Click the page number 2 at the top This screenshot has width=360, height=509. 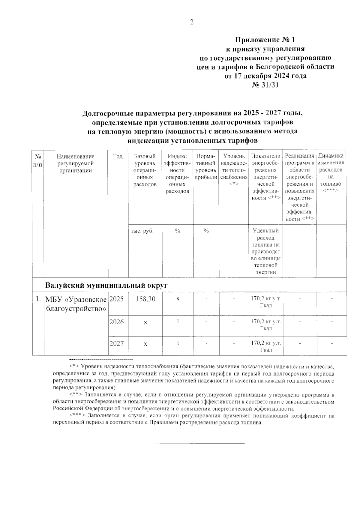pos(192,22)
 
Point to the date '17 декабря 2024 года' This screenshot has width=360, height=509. pos(266,76)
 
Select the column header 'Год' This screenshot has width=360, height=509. pos(118,156)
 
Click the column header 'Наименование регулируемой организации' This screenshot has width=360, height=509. pos(76,163)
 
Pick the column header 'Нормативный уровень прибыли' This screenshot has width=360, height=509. pos(206,167)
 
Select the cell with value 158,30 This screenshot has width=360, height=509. pos(145,299)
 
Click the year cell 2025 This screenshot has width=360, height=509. pos(116,299)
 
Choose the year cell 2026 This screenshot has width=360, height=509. pos(116,322)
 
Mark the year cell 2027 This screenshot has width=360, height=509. pos(116,343)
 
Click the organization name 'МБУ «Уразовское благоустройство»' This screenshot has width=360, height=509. pos(76,304)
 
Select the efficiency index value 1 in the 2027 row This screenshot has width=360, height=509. pos(178,343)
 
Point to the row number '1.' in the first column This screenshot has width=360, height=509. pos(38,299)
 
